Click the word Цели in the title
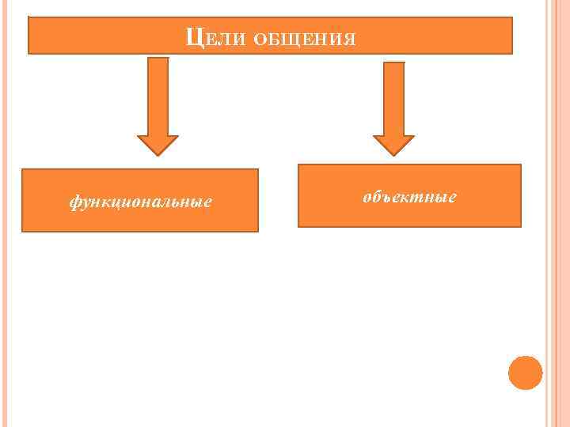tap(211, 37)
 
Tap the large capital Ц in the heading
tap(192, 36)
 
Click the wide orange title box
tap(427, 36)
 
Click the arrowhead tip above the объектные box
tap(393, 153)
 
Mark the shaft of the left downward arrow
tap(158, 91)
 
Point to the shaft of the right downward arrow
tap(393, 95)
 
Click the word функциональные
tap(140, 202)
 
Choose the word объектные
tap(409, 196)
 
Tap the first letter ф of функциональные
tap(74, 202)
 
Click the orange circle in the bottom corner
tap(525, 372)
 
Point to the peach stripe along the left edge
tap(6, 237)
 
